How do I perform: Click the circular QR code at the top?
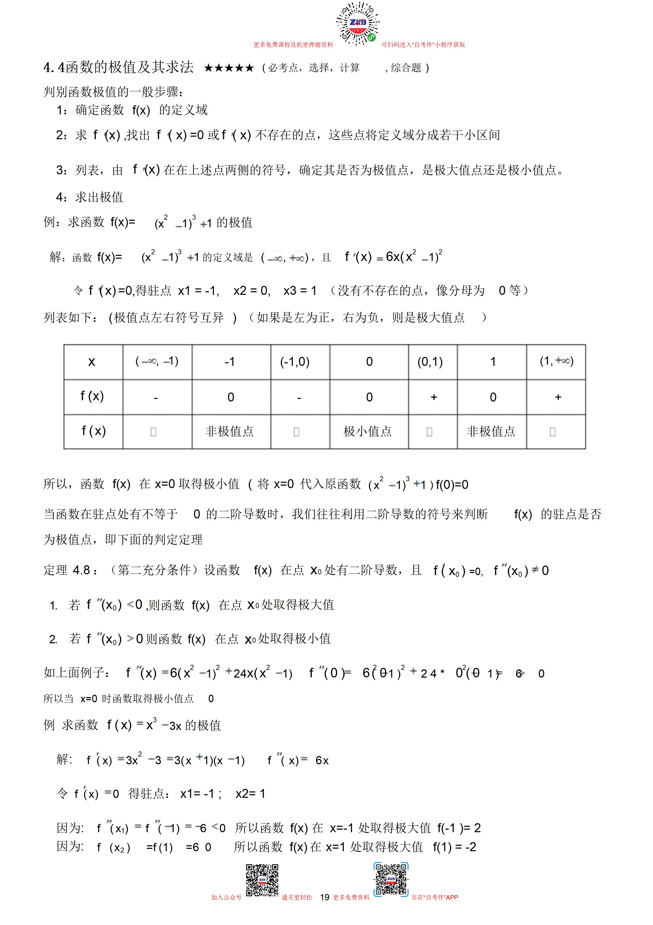[358, 23]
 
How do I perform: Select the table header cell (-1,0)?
[295, 362]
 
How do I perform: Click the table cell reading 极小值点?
[368, 431]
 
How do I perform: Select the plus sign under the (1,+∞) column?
[558, 397]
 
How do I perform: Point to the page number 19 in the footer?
[325, 897]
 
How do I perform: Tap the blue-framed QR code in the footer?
[390, 879]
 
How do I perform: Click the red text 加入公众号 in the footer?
[226, 898]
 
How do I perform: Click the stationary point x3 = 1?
[300, 290]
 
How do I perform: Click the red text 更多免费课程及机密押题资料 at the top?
[293, 45]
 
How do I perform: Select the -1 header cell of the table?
[230, 362]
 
